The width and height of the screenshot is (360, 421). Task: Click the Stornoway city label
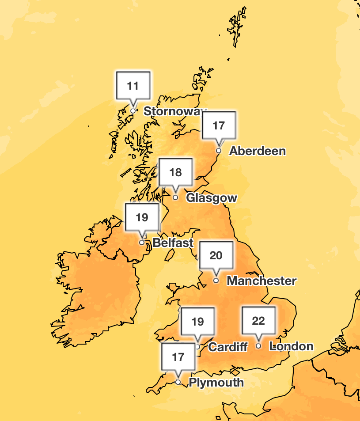175,111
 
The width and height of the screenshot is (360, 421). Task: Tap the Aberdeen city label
257,151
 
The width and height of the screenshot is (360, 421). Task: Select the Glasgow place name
211,198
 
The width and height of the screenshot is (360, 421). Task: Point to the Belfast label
173,243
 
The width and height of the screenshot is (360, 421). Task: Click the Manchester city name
261,281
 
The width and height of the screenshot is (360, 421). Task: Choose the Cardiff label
228,347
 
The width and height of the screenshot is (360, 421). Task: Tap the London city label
291,346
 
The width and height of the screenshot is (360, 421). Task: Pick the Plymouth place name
216,382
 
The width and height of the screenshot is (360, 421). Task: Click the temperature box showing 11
133,85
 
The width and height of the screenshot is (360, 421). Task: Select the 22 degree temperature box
258,321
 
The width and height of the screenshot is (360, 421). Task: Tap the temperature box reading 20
216,255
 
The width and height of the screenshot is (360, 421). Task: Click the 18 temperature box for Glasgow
175,172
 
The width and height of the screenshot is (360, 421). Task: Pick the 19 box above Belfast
142,217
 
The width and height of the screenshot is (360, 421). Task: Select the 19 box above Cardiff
197,322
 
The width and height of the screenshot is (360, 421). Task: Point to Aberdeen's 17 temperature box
219,125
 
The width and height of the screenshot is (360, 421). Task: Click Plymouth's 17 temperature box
178,357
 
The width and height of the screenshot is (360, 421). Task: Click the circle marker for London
258,346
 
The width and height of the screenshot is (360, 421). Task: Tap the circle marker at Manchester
216,281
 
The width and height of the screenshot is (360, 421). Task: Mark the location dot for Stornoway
133,111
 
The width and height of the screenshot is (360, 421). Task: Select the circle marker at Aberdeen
219,151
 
